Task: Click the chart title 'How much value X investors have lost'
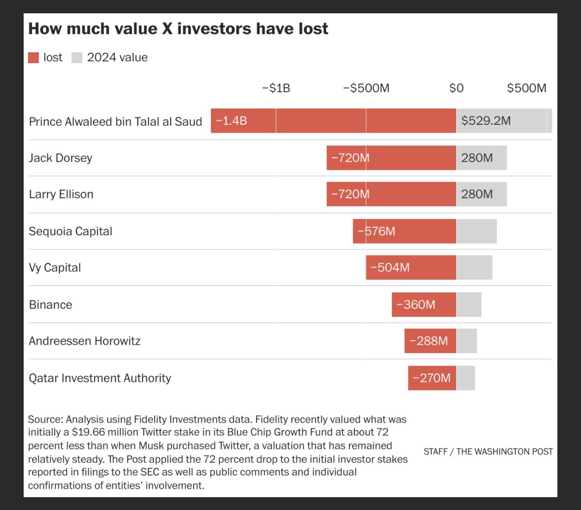point(178,29)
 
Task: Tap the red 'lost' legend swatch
point(34,58)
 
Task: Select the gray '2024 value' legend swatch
point(77,58)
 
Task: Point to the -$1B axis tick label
point(276,88)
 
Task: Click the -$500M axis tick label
point(366,88)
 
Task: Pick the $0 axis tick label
point(456,88)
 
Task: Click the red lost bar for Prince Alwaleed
point(333,121)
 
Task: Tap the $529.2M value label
point(486,121)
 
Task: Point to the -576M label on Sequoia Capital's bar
point(376,231)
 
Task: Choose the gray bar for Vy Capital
point(474,268)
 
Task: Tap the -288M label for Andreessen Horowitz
point(429,341)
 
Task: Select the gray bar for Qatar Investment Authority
point(466,378)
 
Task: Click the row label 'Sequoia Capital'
point(70,231)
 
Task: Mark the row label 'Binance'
point(50,304)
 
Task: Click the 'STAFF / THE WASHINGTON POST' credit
point(488,451)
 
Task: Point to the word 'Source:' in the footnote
point(45,420)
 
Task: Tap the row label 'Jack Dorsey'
point(61,158)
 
